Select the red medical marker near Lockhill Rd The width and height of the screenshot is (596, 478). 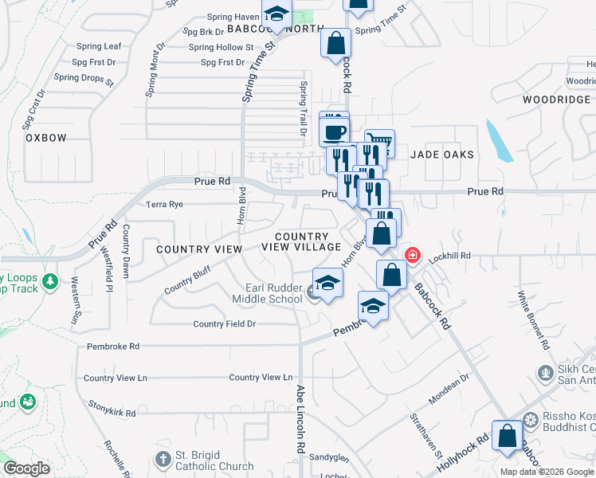(413, 255)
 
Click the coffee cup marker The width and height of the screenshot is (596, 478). (335, 131)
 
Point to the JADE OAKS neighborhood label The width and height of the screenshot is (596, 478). (442, 155)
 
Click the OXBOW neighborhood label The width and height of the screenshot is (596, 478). (45, 138)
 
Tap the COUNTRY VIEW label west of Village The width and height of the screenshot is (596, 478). (198, 249)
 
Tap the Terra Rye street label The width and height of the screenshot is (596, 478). (164, 205)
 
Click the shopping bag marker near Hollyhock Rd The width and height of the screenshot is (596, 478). (508, 436)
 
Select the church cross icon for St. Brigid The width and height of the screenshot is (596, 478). (163, 460)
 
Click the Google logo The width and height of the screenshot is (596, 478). (27, 468)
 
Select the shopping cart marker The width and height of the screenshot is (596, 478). (380, 143)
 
